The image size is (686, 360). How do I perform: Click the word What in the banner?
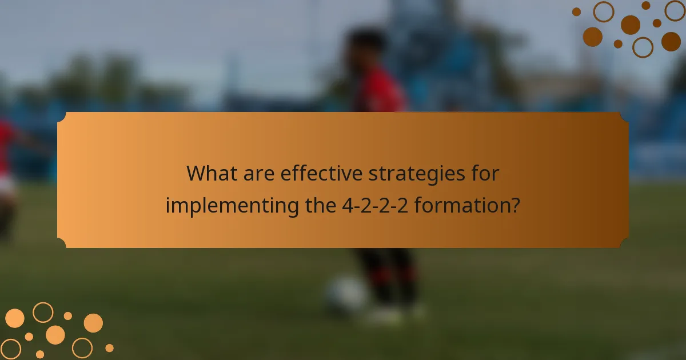click(x=212, y=173)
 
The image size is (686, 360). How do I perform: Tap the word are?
click(x=257, y=173)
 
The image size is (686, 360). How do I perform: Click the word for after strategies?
click(x=485, y=173)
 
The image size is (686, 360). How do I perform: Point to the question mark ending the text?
click(x=514, y=205)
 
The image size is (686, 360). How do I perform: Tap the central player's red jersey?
click(x=380, y=91)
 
